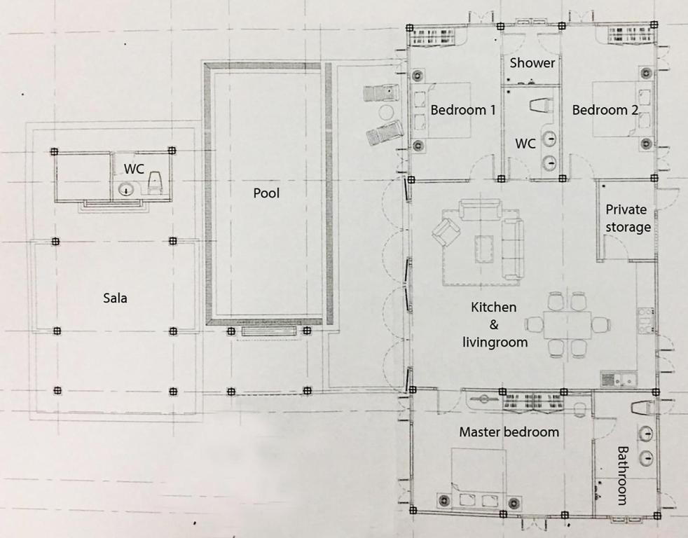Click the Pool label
tap(266, 193)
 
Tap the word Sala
tap(115, 298)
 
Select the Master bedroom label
tap(509, 432)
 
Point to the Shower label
tap(532, 63)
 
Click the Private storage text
tap(627, 219)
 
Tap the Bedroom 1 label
tap(463, 110)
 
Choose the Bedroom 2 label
tap(605, 110)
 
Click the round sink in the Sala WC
tap(126, 190)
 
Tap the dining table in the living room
tap(567, 325)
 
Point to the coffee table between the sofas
tap(484, 249)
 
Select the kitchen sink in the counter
tap(619, 379)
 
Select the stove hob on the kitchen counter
tap(645, 320)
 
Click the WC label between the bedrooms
tap(525, 144)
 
